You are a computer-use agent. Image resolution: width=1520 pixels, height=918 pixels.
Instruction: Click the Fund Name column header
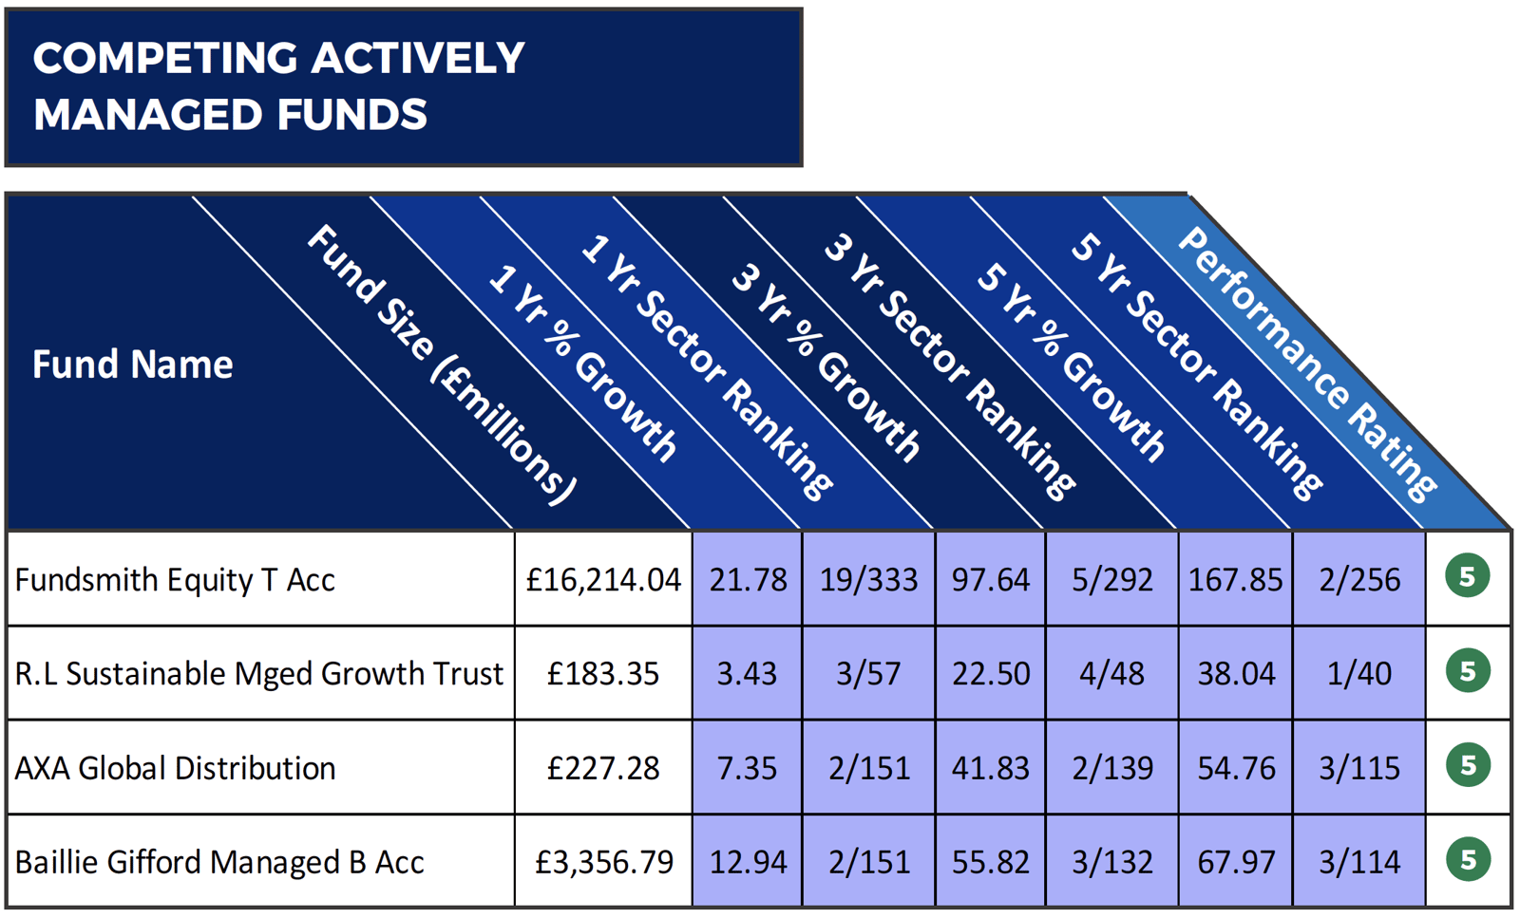coord(132,365)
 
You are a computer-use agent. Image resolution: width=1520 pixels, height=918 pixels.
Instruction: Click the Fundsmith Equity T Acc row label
coord(175,579)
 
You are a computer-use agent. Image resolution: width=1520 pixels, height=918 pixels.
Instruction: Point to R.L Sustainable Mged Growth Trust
coord(258,673)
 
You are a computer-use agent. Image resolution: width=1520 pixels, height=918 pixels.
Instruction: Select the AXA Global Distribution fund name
coord(175,767)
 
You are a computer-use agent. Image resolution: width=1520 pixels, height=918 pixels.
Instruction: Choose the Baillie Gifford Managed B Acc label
coord(219,862)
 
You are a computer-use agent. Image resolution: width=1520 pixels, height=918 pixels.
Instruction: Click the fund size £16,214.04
coord(603,579)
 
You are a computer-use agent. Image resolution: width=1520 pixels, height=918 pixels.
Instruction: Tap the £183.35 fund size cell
coord(603,673)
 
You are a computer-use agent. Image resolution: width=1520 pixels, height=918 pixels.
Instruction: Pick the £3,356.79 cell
coord(603,862)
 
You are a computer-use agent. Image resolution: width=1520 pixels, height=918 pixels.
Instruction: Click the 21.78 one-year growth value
coord(748,579)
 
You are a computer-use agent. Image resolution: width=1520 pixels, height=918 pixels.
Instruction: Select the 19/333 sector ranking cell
coord(868,579)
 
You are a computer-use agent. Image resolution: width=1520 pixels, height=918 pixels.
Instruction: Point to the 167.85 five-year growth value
coord(1235,579)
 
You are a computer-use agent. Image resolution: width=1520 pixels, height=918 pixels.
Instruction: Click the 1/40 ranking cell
coord(1358,673)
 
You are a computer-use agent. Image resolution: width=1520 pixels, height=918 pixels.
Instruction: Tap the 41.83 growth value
coord(990,767)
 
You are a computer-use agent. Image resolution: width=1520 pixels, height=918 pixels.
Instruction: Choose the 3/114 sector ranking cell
coord(1358,862)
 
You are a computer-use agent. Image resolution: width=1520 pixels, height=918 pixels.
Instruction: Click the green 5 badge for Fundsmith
coord(1468,576)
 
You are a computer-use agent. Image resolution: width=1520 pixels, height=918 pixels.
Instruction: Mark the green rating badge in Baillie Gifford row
coord(1468,860)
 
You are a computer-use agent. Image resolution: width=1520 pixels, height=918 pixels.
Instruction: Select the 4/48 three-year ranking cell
coord(1111,673)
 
